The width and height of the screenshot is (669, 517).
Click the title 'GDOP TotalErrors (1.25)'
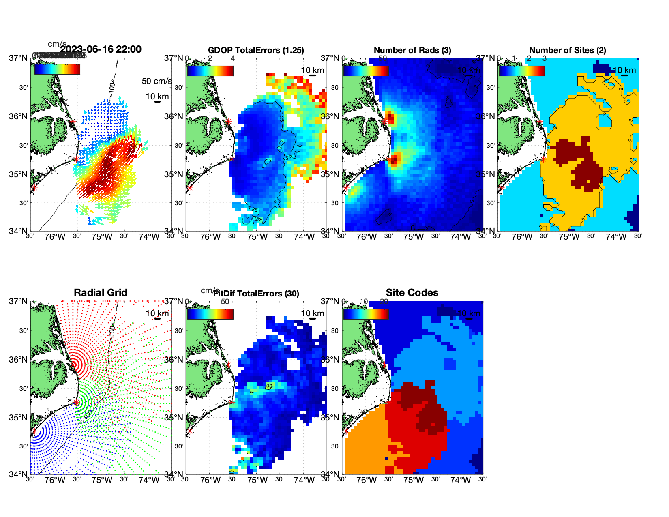[x=256, y=50]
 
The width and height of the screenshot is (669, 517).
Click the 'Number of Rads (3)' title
[x=412, y=50]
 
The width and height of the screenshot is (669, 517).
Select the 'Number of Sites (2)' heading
[x=567, y=50]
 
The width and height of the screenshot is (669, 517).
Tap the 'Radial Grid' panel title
[x=101, y=293]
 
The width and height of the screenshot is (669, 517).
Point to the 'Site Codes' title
[x=412, y=293]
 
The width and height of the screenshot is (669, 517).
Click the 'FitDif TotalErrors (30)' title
[x=256, y=294]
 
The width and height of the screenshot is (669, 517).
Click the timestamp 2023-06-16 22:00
[x=101, y=49]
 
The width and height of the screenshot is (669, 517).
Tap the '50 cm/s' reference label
[x=157, y=81]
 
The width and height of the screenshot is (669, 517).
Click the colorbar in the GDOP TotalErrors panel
[x=210, y=71]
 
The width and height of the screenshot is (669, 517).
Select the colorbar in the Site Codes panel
[x=366, y=314]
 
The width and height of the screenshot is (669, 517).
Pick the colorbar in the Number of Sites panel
[x=521, y=71]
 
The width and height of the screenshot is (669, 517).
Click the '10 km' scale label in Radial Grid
[x=157, y=313]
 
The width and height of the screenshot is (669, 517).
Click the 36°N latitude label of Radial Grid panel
[x=19, y=360]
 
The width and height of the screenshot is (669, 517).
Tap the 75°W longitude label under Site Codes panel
[x=414, y=480]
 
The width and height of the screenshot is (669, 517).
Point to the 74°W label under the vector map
[x=149, y=237]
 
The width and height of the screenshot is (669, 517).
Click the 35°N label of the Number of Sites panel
[x=486, y=174]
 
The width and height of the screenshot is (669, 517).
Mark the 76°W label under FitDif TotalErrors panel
[x=210, y=480]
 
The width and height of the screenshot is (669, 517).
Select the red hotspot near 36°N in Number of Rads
[x=390, y=118]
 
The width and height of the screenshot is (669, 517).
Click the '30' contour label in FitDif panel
[x=269, y=386]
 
